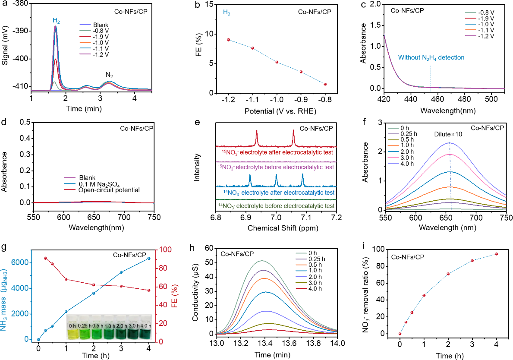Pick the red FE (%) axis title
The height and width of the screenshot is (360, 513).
pos(175,296)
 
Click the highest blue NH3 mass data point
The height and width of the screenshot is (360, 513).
pos(149,259)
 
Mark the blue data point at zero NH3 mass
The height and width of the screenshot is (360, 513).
pos(38,340)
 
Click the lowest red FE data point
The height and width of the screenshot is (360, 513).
pos(149,291)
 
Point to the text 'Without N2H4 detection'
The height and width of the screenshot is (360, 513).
pos(431,57)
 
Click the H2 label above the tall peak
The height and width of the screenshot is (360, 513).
pos(57,20)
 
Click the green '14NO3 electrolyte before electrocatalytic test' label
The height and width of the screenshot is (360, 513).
pos(276,206)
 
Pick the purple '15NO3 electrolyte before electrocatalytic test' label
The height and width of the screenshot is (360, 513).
pos(276,167)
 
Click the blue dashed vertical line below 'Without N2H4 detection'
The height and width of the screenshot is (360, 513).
pos(431,78)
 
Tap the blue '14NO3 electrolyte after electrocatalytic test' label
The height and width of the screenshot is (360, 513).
pos(276,193)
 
